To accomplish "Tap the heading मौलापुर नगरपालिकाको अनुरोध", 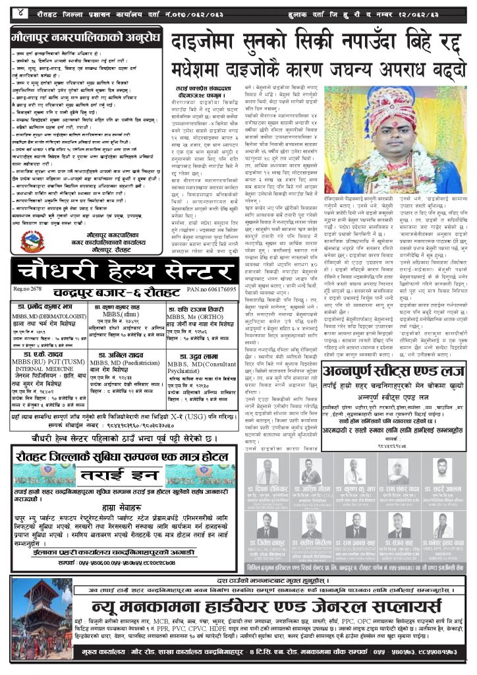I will (86, 37).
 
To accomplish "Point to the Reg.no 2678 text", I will (30, 270).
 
